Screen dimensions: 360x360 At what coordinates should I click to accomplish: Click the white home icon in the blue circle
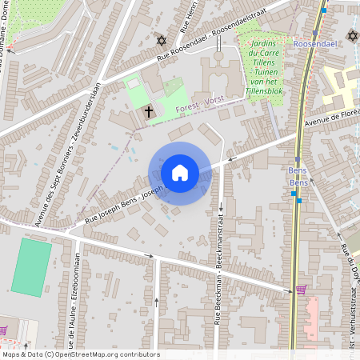coord(179,173)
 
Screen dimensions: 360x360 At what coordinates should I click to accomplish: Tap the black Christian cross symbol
coord(149,112)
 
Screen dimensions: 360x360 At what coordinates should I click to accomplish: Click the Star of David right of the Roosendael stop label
coord(352,36)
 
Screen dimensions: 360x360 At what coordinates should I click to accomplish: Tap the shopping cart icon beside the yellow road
coord(301,290)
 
